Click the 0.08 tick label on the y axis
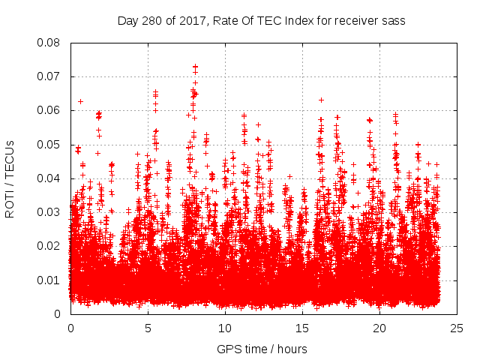coord(51,43)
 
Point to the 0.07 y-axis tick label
coord(51,76)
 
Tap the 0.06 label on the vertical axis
coord(51,110)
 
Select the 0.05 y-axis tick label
coord(51,144)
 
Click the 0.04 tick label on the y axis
coord(51,178)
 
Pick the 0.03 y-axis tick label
coord(51,212)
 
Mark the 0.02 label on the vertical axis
coord(51,246)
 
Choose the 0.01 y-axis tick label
coord(51,280)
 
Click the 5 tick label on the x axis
coord(148,328)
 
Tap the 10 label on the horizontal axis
coord(225,328)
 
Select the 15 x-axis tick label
coord(302,328)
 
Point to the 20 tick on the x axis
coord(379,328)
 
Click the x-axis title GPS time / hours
coord(262,349)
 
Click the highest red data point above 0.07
coord(196,67)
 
